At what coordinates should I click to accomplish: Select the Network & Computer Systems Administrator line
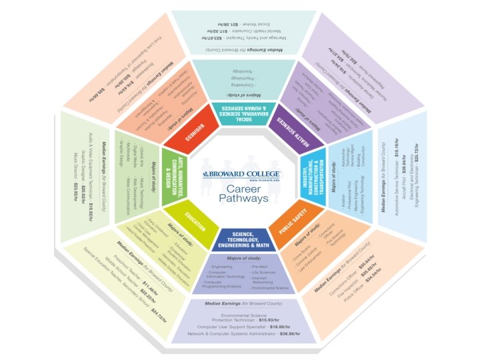[x=243, y=333]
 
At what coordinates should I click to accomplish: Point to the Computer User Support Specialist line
[x=243, y=327]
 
